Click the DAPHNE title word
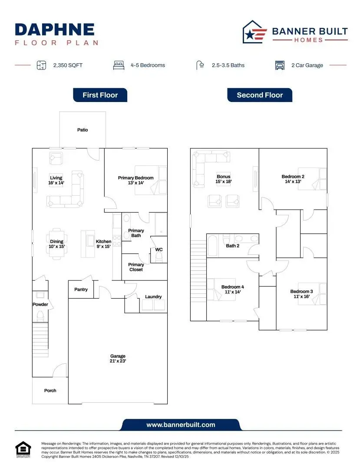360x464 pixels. pyautogui.click(x=55, y=30)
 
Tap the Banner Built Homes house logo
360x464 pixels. pyautogui.click(x=255, y=32)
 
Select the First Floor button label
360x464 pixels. pyautogui.click(x=100, y=95)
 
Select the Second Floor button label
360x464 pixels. pyautogui.click(x=260, y=95)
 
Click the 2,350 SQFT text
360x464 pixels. pyautogui.click(x=68, y=66)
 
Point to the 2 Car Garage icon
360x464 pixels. pyautogui.click(x=280, y=66)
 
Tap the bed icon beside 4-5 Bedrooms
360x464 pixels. pyautogui.click(x=119, y=66)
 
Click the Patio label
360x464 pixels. pyautogui.click(x=83, y=130)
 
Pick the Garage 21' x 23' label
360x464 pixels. pyautogui.click(x=118, y=359)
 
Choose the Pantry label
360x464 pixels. pyautogui.click(x=81, y=290)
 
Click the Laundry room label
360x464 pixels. pyautogui.click(x=153, y=297)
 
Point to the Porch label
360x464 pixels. pyautogui.click(x=50, y=391)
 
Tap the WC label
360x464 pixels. pyautogui.click(x=159, y=250)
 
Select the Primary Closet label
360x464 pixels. pyautogui.click(x=136, y=267)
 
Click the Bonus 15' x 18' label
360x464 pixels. pyautogui.click(x=224, y=179)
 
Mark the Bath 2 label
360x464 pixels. pyautogui.click(x=232, y=246)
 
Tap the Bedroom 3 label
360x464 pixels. pyautogui.click(x=301, y=294)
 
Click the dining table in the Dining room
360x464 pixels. pyautogui.click(x=56, y=238)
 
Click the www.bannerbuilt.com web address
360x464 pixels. pyautogui.click(x=181, y=425)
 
